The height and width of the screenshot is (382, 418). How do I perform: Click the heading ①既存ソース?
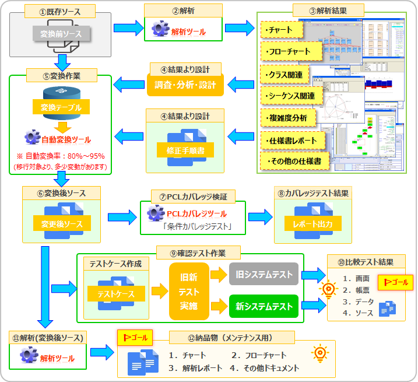tap(60, 11)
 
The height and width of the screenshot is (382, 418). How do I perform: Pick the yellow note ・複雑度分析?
tap(288, 118)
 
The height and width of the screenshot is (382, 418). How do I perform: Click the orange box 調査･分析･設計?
tap(185, 85)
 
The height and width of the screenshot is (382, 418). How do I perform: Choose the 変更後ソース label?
tap(61, 224)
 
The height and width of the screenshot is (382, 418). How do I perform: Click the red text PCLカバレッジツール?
tap(196, 214)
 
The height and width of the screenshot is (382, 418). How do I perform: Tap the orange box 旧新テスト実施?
tap(189, 291)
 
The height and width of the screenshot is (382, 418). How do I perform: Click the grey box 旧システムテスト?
tap(264, 273)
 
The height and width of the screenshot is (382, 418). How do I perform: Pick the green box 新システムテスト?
tap(264, 305)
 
